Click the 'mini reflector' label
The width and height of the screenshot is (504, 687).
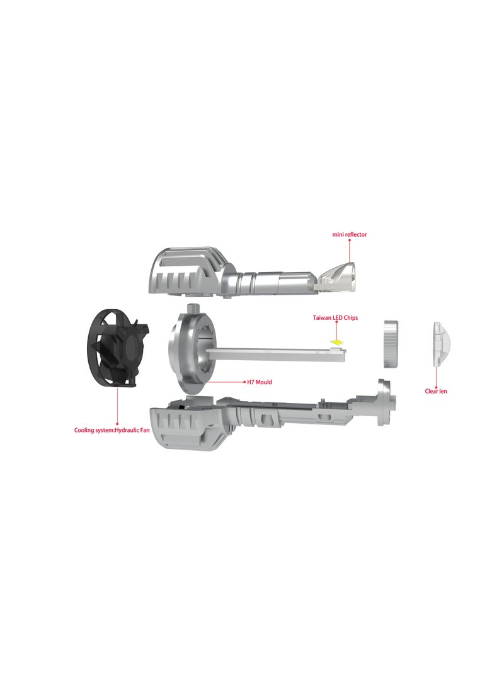click(349, 234)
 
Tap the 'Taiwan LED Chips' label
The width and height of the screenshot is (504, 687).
click(335, 317)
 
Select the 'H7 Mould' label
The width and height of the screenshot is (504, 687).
click(260, 382)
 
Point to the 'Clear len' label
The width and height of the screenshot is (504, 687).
click(436, 391)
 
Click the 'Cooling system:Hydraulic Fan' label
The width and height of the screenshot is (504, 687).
click(112, 430)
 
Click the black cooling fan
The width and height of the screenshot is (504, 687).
click(117, 348)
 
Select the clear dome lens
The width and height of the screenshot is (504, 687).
click(440, 344)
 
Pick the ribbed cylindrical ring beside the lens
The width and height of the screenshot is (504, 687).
click(391, 344)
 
